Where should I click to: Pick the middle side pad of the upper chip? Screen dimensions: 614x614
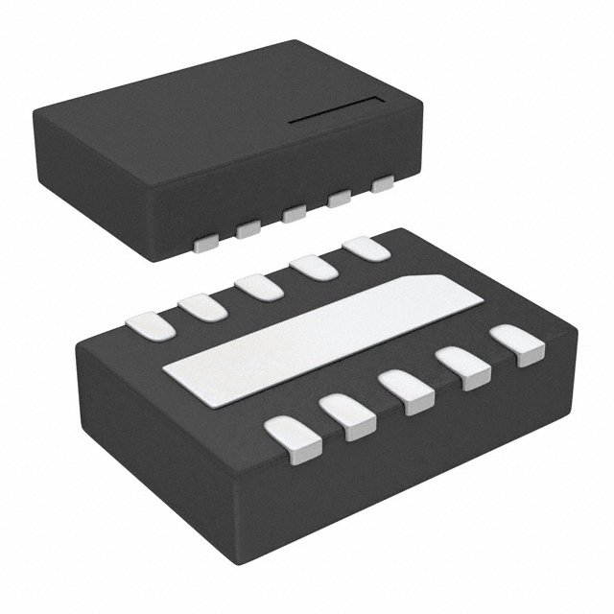[295, 213]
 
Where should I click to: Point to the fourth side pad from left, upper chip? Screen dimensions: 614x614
[339, 199]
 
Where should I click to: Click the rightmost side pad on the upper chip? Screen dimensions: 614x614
[383, 183]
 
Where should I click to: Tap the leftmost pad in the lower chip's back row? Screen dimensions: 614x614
[152, 327]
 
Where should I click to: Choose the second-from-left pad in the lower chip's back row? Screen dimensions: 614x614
[202, 307]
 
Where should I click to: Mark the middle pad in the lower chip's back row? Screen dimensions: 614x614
[258, 287]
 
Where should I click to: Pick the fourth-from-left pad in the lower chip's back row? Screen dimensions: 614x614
[315, 267]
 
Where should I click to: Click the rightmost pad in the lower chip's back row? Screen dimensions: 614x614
[366, 248]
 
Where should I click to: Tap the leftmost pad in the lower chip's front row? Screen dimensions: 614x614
[294, 439]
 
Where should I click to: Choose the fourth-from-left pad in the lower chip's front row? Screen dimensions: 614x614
[464, 367]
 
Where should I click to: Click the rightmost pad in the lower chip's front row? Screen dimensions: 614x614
[517, 344]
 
